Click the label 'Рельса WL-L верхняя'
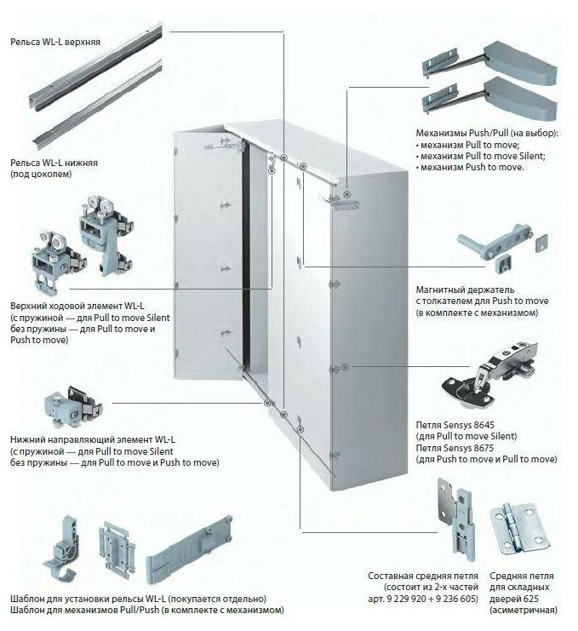point(53,40)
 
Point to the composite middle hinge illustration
point(451,514)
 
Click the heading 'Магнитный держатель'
point(465,290)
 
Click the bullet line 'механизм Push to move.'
point(470,168)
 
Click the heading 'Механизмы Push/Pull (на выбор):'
point(486,135)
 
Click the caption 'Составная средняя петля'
point(421,576)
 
